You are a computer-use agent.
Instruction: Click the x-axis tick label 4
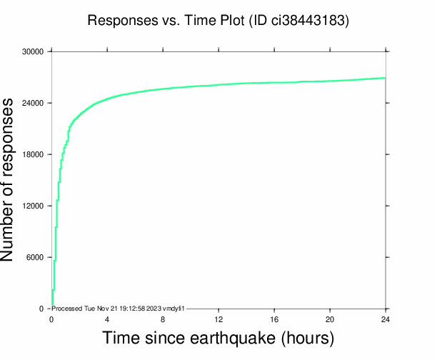pos(107,319)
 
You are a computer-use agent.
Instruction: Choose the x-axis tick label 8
pos(163,319)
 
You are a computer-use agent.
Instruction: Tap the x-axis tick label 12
pos(218,319)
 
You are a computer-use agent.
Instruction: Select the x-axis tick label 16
pos(274,319)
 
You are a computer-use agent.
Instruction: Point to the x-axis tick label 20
pos(330,319)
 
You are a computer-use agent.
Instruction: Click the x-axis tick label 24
pos(386,319)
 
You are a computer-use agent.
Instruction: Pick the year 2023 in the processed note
pos(156,308)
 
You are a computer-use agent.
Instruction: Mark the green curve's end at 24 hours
pos(386,78)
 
